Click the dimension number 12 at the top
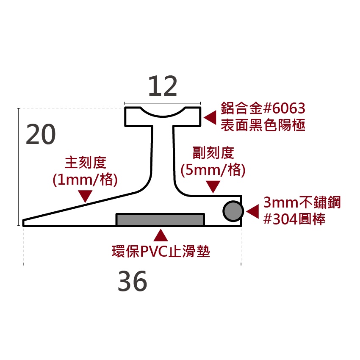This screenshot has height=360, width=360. point(163,86)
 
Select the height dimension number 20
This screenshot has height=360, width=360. point(41,134)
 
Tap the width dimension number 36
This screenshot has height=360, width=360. point(132,281)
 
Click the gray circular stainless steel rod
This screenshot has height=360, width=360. point(233,211)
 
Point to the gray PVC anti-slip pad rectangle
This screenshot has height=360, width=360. point(160,219)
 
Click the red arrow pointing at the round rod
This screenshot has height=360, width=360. point(252,211)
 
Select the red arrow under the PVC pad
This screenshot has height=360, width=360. point(161,235)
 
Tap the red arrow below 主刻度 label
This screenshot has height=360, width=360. point(85,196)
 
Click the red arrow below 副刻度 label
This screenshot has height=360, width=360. point(213,187)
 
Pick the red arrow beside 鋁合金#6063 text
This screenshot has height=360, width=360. point(210,118)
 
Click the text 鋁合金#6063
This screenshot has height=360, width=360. point(263,108)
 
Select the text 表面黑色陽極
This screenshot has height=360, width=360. point(263,125)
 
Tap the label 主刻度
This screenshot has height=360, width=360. point(86,163)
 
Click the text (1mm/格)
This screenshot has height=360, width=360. point(85,179)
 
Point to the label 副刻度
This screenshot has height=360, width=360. point(213,152)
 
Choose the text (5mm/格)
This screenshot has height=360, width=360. point(213,170)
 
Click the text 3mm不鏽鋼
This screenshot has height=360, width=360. point(302,202)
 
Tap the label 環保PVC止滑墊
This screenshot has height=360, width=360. point(161,252)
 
